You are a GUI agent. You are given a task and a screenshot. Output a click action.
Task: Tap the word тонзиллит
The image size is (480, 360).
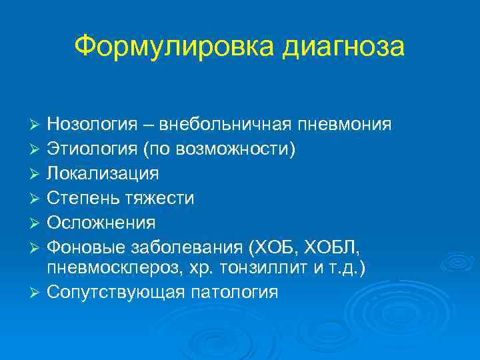pyautogui.click(x=270, y=267)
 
